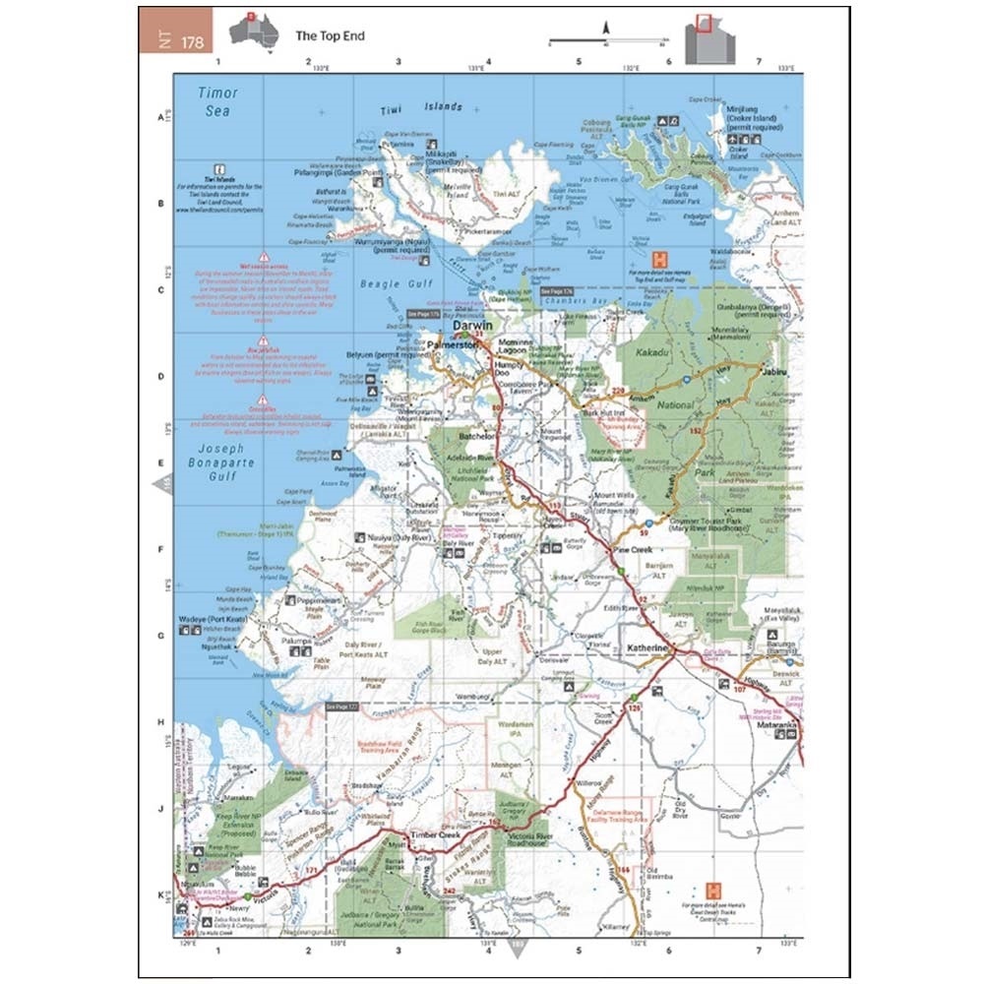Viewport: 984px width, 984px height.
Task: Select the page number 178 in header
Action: coord(192,40)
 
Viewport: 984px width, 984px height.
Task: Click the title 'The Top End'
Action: coord(330,36)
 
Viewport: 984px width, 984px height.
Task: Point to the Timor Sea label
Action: coord(217,101)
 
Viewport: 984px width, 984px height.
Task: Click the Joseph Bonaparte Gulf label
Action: coord(217,464)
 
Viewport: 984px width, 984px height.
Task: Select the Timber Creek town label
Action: coord(436,834)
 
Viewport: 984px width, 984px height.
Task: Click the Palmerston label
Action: coord(453,345)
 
